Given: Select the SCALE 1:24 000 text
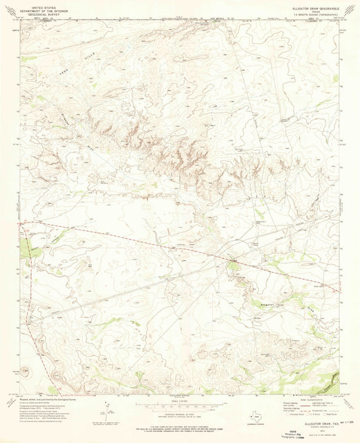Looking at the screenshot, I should click(180, 400).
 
